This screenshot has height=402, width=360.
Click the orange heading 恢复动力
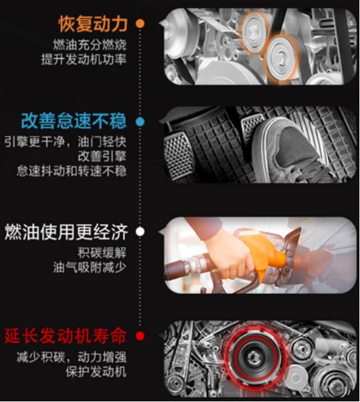coord(93,24)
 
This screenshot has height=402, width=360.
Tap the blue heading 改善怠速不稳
coord(74,121)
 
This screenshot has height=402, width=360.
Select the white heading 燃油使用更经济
coord(66,232)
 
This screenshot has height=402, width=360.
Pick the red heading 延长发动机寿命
coord(66,336)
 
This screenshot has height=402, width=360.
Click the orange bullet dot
coord(140,24)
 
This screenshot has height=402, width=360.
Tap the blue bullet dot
coord(140,122)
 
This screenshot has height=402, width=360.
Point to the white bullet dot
coord(140,232)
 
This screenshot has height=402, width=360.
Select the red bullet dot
coord(140,336)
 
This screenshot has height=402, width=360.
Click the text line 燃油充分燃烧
coord(90,45)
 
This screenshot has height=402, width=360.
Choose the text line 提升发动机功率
coord(84,60)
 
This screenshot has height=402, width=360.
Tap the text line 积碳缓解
coord(102,253)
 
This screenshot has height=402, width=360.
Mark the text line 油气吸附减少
coord(90,267)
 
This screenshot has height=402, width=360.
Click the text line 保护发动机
coord(96,372)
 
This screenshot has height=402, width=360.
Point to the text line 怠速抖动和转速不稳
coord(72,171)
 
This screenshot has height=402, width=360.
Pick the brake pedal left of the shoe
coord(178,155)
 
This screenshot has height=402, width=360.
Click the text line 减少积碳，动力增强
coord(72,357)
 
